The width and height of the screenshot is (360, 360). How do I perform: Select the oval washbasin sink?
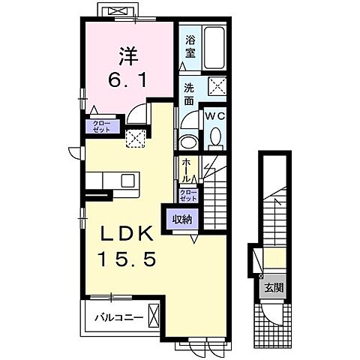(188, 142)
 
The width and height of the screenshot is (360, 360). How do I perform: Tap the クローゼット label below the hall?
(188, 196)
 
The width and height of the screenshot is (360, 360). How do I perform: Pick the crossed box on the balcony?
(154, 315)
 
